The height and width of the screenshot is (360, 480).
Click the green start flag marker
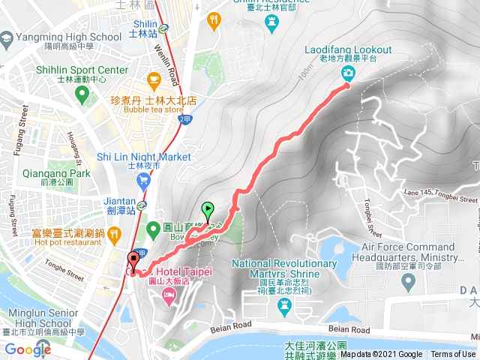pos(208,211)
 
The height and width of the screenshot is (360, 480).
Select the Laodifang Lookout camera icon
pos(348,73)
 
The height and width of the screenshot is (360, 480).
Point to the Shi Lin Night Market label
pos(145,157)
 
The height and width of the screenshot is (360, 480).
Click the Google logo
pos(27,349)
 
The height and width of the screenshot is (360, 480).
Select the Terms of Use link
pos(453,355)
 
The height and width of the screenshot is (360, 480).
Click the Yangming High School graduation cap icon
pos(6,37)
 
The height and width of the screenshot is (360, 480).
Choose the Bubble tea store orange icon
pos(154,79)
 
